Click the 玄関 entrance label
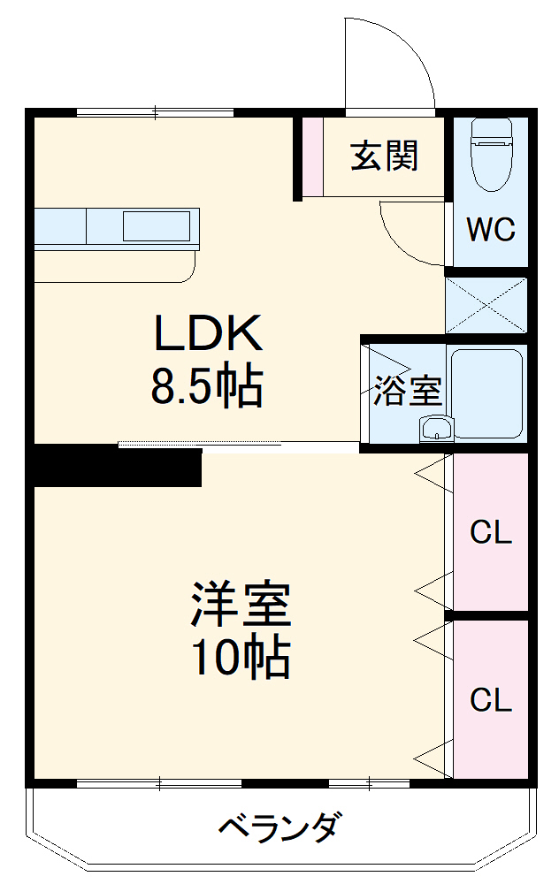[384, 156]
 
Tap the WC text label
[491, 230]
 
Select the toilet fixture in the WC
[491, 155]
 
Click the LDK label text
[209, 334]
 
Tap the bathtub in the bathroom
[486, 393]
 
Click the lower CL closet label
[491, 700]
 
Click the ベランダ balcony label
[278, 828]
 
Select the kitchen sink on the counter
[156, 226]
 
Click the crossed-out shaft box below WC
[486, 304]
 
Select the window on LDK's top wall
[156, 112]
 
